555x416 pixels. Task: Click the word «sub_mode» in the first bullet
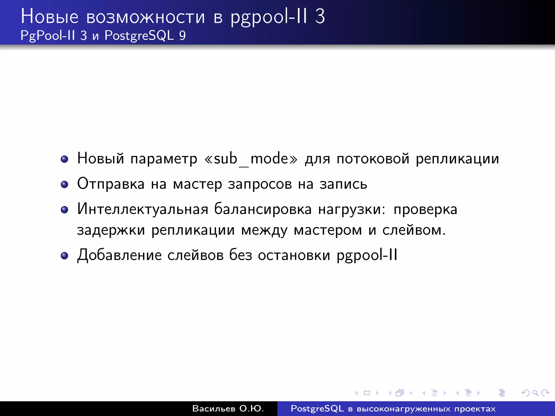(251, 158)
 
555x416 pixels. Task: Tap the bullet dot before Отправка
(64, 185)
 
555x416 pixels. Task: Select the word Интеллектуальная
(143, 209)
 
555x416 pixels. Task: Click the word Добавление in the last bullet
(119, 255)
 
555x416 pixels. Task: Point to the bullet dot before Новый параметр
(64, 159)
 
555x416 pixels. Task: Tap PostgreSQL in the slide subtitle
(139, 35)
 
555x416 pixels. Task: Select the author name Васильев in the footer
(214, 408)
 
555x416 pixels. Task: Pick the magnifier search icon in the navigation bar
(535, 393)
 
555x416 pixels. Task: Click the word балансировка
(263, 209)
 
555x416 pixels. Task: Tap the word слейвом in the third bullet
(414, 230)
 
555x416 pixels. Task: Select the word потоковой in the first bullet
(373, 158)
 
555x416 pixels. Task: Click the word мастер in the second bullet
(197, 184)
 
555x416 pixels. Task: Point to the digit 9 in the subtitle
(182, 35)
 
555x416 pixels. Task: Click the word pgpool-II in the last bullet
(367, 255)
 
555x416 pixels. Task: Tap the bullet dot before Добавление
(64, 256)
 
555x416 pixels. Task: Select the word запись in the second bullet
(343, 184)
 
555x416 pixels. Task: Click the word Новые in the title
(50, 17)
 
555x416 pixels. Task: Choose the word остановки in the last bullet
(294, 255)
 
